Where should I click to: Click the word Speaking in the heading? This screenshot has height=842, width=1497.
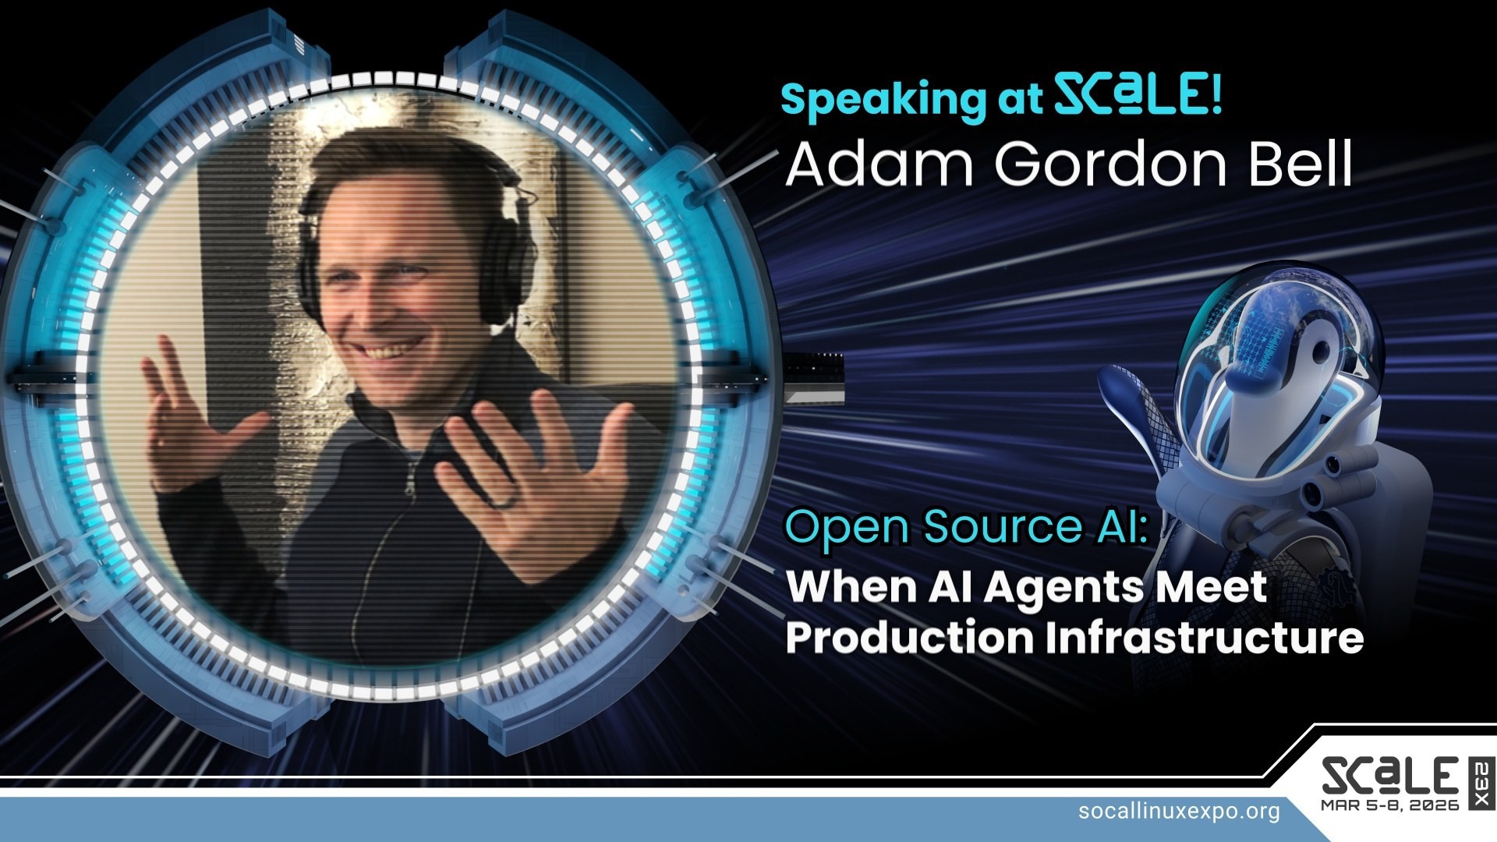click(x=883, y=100)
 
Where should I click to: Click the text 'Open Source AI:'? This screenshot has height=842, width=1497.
click(x=966, y=527)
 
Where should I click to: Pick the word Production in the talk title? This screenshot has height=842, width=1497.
click(x=909, y=638)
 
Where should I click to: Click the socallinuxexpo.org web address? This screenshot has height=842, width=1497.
click(x=1179, y=811)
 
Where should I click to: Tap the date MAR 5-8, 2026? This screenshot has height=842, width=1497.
click(x=1390, y=805)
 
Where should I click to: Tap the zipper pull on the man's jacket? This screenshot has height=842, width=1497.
click(x=409, y=484)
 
